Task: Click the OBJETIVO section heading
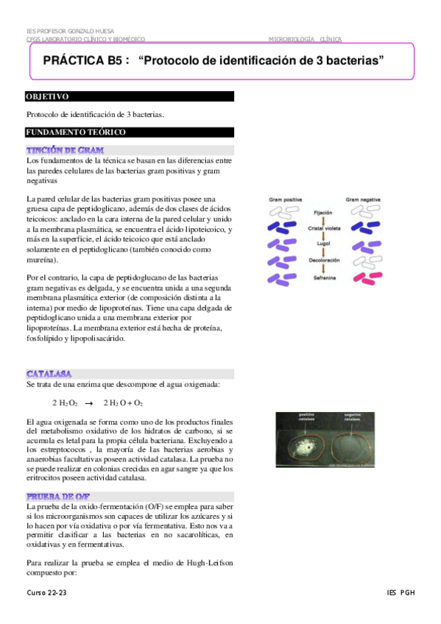pyautogui.click(x=48, y=96)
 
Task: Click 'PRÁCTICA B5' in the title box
pyautogui.click(x=81, y=61)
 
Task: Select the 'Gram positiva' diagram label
pyautogui.click(x=286, y=199)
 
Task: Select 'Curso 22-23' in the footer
pyautogui.click(x=47, y=592)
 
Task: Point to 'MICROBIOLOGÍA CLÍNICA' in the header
pyautogui.click(x=305, y=39)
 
